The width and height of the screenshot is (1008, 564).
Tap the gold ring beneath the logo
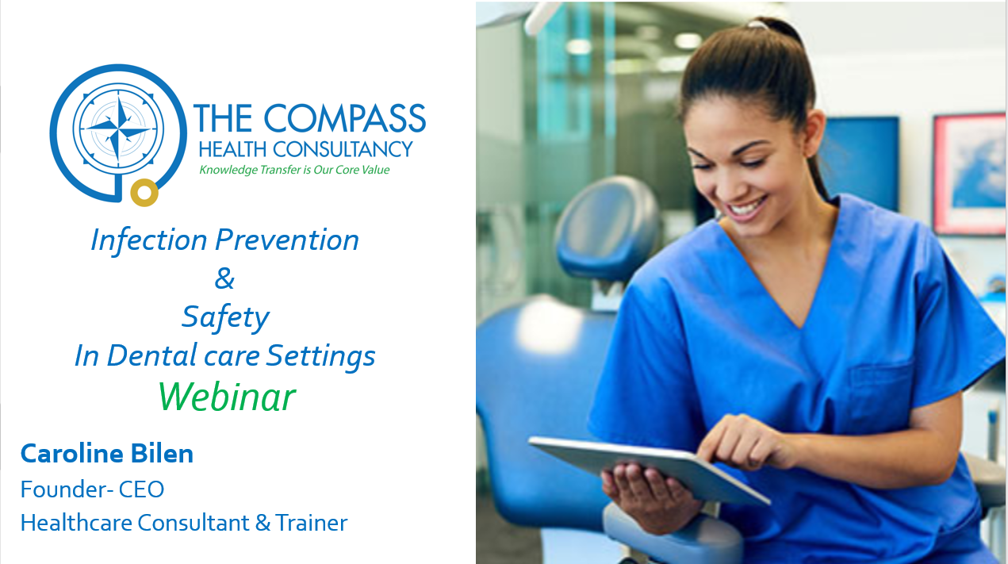pyautogui.click(x=144, y=193)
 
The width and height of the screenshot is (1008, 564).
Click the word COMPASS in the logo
pyautogui.click(x=344, y=118)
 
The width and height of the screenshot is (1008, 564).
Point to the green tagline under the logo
pyautogui.click(x=294, y=170)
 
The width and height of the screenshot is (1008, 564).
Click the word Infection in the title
pyautogui.click(x=148, y=240)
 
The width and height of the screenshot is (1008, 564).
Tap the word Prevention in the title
pyautogui.click(x=287, y=240)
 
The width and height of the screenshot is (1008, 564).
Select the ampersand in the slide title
pyautogui.click(x=224, y=278)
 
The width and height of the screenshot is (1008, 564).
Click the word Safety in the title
pyautogui.click(x=225, y=318)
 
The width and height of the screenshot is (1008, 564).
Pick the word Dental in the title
pyautogui.click(x=152, y=355)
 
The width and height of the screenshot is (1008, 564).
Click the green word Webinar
pyautogui.click(x=227, y=397)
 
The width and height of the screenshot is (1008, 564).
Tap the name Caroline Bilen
pyautogui.click(x=107, y=453)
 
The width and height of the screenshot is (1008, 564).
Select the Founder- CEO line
pyautogui.click(x=92, y=489)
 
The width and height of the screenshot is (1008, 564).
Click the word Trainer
pyautogui.click(x=312, y=523)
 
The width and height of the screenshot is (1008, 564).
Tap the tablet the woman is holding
pyautogui.click(x=649, y=469)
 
